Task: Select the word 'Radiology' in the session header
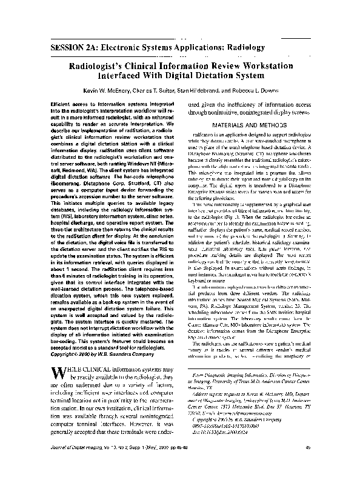click(x=241, y=47)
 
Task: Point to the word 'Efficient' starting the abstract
click(x=62, y=104)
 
